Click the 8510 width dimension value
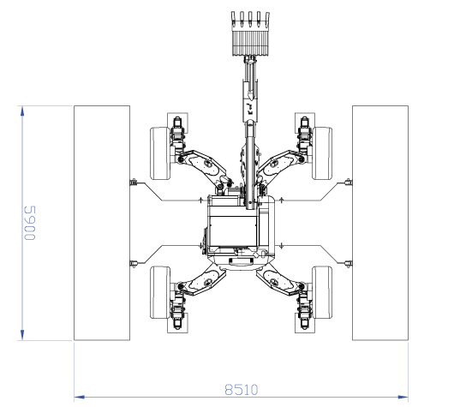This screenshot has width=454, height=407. (x=242, y=390)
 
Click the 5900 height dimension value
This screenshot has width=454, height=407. (x=30, y=223)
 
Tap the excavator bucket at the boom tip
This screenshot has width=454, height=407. (x=250, y=34)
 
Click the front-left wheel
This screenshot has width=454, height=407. (x=160, y=153)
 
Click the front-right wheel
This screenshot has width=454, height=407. (x=322, y=153)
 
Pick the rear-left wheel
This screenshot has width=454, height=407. (x=160, y=292)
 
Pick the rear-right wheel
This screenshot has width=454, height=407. (x=322, y=292)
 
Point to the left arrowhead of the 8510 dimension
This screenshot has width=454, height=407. (x=79, y=397)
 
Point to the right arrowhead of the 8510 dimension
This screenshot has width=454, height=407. (x=403, y=397)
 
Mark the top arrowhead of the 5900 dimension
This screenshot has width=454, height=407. (x=22, y=111)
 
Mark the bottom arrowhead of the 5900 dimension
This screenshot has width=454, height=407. (x=22, y=335)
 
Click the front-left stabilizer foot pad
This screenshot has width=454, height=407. (x=177, y=123)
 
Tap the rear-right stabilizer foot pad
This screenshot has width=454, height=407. (x=305, y=323)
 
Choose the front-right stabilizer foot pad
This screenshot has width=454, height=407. (x=305, y=123)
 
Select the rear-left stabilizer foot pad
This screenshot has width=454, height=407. (x=177, y=323)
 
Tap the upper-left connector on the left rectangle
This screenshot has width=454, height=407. (x=133, y=183)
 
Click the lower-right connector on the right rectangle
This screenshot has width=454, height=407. (x=349, y=264)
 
